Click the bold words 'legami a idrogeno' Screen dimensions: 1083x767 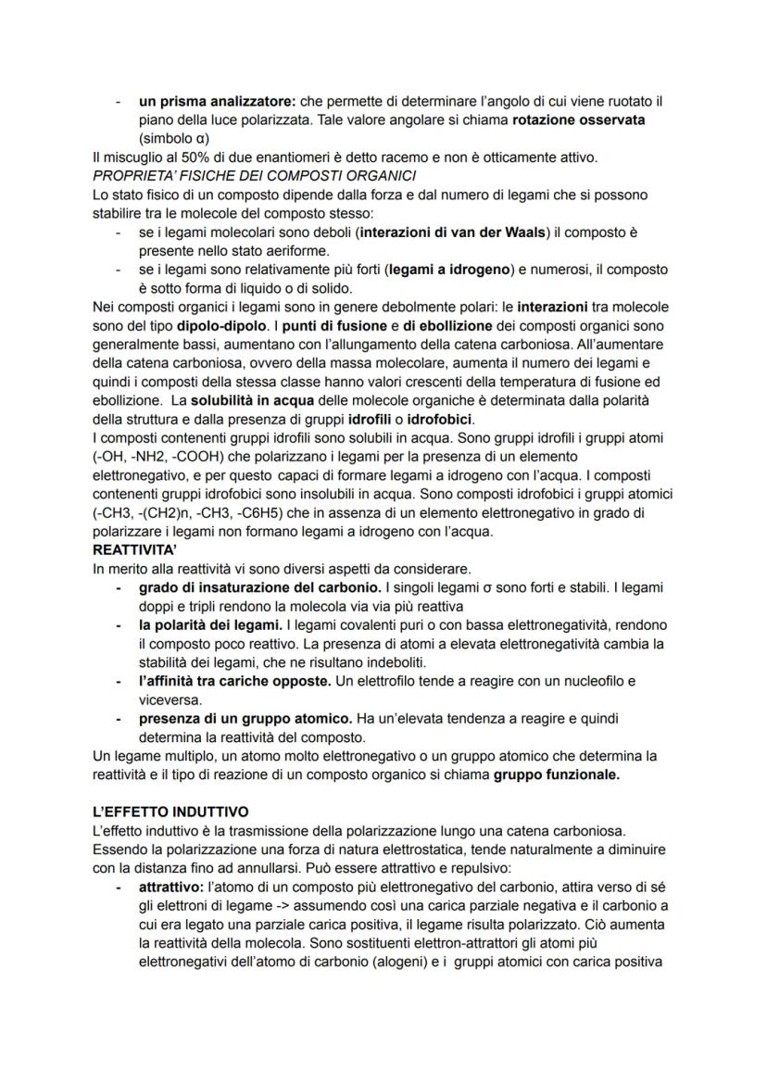(x=451, y=269)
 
